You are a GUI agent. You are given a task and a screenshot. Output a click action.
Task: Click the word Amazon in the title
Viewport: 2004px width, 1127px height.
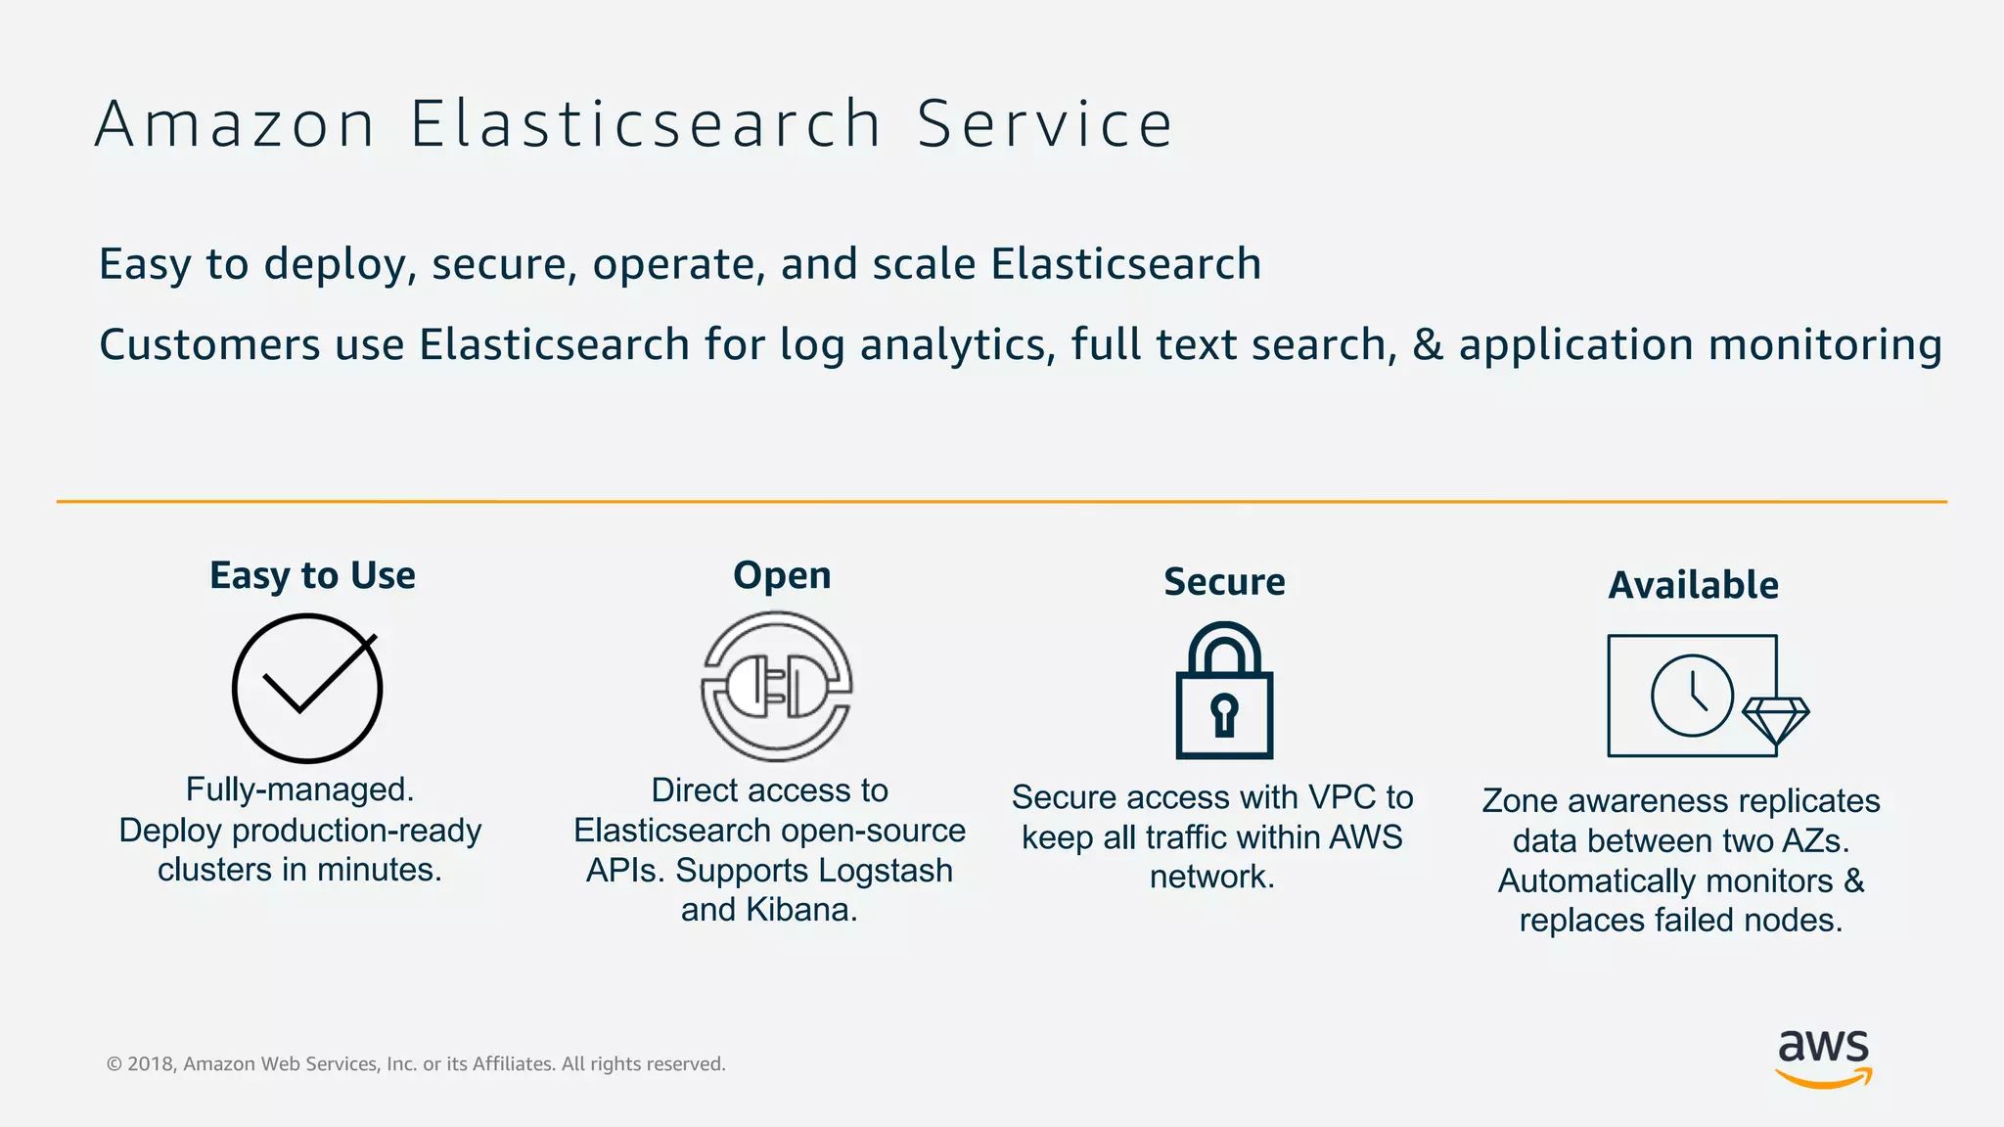pos(235,125)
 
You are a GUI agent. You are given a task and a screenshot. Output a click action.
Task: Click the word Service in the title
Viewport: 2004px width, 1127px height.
pos(1044,125)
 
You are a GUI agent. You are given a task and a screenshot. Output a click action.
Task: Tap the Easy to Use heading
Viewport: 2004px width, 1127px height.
pos(312,575)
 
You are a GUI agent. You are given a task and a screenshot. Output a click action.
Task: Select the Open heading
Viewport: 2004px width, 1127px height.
pos(782,575)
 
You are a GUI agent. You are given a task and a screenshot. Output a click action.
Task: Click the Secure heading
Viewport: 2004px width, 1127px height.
pos(1224,582)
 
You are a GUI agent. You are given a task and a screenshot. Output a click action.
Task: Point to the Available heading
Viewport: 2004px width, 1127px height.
pos(1694,585)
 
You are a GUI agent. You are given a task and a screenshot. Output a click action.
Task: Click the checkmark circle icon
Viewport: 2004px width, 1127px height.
pos(306,689)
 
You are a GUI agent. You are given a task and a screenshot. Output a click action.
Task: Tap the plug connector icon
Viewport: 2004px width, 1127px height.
pos(777,687)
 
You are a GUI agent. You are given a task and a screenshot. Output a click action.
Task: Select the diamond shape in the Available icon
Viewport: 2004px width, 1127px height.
pos(1776,721)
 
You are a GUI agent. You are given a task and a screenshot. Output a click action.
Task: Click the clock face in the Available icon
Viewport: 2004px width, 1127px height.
pos(1692,696)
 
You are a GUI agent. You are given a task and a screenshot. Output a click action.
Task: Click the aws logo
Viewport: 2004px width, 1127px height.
pos(1823,1058)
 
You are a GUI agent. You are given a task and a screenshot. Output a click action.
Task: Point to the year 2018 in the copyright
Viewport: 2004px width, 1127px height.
pos(150,1064)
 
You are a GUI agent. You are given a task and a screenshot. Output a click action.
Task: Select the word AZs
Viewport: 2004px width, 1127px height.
pos(1816,840)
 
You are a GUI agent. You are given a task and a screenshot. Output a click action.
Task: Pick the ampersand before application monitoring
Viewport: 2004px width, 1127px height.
pos(1428,345)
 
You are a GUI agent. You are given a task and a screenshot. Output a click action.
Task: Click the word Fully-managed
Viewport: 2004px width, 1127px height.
pos(299,789)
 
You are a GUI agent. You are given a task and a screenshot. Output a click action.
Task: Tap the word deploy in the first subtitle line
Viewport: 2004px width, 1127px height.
pos(334,265)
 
